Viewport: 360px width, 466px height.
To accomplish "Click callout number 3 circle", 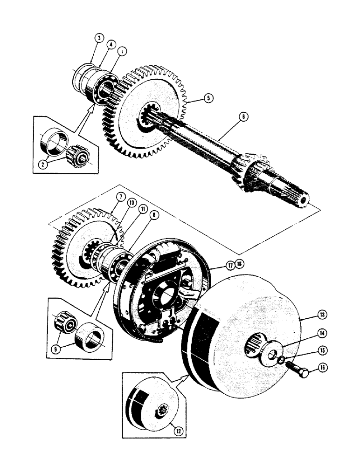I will coord(98,38).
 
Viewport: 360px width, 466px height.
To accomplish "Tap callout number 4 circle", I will coord(111,45).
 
